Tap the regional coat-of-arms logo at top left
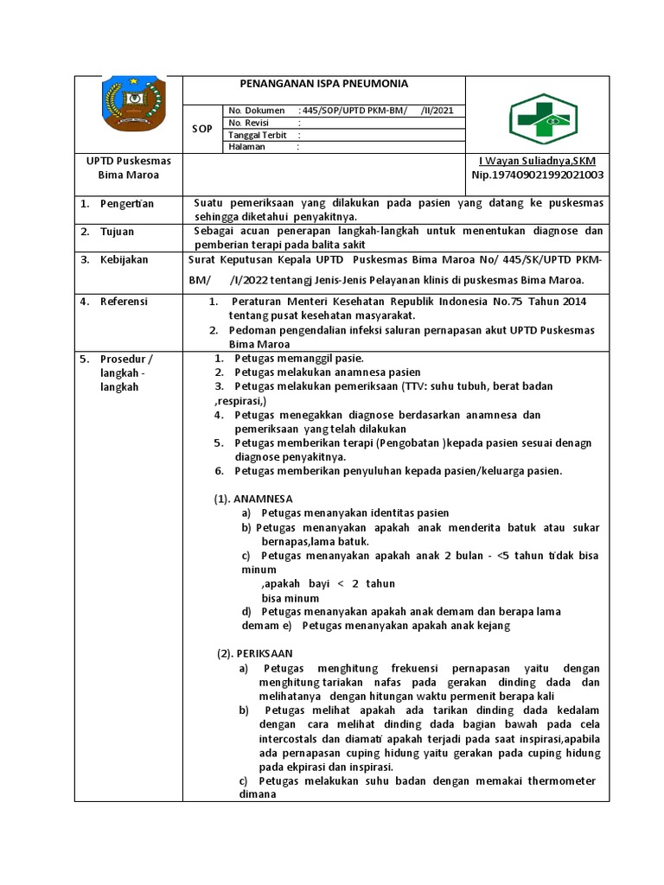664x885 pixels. (128, 107)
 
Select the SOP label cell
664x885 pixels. (201, 128)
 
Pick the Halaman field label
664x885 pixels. (247, 147)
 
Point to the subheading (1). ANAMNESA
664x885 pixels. (253, 499)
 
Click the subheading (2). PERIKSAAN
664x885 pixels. (255, 653)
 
